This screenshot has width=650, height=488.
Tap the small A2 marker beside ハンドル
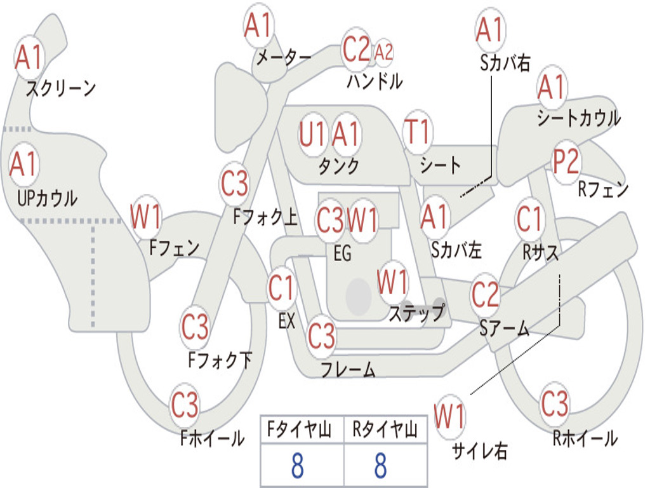pyautogui.click(x=383, y=52)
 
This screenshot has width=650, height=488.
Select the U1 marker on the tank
pyautogui.click(x=312, y=134)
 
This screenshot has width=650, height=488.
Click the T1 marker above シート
pyautogui.click(x=418, y=131)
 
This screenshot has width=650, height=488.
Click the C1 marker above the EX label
pyautogui.click(x=281, y=288)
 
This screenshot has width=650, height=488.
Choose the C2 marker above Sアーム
pyautogui.click(x=485, y=294)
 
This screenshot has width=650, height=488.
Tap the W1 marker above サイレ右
pyautogui.click(x=450, y=416)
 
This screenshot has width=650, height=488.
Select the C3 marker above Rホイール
pyautogui.click(x=555, y=403)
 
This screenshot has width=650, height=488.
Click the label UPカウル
pyautogui.click(x=47, y=198)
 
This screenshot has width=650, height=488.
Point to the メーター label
pyautogui.click(x=284, y=57)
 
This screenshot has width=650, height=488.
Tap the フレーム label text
pyautogui.click(x=348, y=369)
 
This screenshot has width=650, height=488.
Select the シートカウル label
pyautogui.click(x=579, y=118)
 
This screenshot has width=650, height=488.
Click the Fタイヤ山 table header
pyautogui.click(x=299, y=429)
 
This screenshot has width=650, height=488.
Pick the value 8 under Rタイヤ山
pyautogui.click(x=381, y=465)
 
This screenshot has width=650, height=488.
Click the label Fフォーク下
pyautogui.click(x=220, y=360)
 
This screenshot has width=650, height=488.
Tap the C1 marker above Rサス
pyautogui.click(x=529, y=219)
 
